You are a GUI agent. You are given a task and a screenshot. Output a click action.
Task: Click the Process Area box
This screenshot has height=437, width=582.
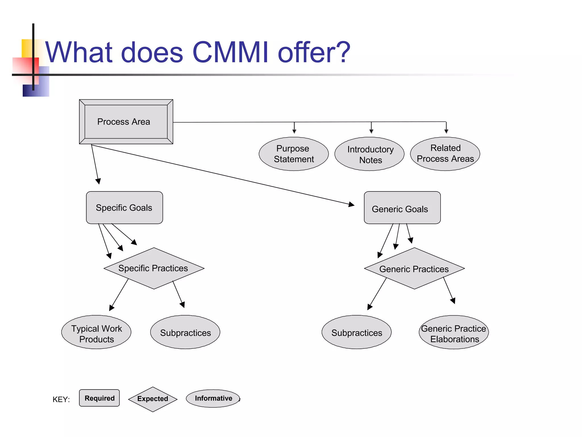(x=126, y=122)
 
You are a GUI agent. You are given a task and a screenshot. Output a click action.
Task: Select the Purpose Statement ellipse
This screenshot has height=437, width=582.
(x=294, y=154)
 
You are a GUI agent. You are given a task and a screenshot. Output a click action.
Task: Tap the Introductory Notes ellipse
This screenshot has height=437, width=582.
(x=369, y=154)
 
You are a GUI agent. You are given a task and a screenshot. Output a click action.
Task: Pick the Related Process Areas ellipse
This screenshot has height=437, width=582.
(x=445, y=154)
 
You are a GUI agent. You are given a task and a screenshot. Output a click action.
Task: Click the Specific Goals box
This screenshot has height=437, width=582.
(x=124, y=208)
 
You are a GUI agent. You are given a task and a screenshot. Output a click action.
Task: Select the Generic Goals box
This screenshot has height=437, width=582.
(x=402, y=208)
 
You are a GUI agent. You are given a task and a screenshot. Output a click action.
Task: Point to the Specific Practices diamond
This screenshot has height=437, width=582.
(x=154, y=268)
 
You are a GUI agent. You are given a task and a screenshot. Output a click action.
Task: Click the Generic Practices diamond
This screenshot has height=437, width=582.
(x=414, y=269)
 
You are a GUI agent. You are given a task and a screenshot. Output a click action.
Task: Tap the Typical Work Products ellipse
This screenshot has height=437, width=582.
(x=96, y=332)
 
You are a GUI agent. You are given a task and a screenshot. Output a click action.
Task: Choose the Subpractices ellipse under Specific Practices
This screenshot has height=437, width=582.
(x=185, y=332)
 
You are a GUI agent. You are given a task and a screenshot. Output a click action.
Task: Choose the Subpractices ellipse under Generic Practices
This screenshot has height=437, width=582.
(x=356, y=332)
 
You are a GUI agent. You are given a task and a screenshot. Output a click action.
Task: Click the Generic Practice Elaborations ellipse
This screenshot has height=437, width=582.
(x=454, y=332)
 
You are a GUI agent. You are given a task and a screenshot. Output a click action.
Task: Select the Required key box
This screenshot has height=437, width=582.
(x=99, y=398)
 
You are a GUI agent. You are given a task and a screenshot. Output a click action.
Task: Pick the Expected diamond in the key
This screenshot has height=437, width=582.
(x=153, y=399)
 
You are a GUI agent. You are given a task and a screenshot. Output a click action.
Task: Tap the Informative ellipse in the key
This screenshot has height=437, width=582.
(x=213, y=398)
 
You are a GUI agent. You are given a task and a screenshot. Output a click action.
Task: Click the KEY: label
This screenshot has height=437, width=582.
(x=61, y=399)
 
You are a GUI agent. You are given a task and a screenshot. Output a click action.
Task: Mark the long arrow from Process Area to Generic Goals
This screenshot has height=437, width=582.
(x=222, y=175)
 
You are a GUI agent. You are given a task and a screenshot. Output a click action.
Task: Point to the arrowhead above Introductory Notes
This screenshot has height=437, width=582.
(x=371, y=131)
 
